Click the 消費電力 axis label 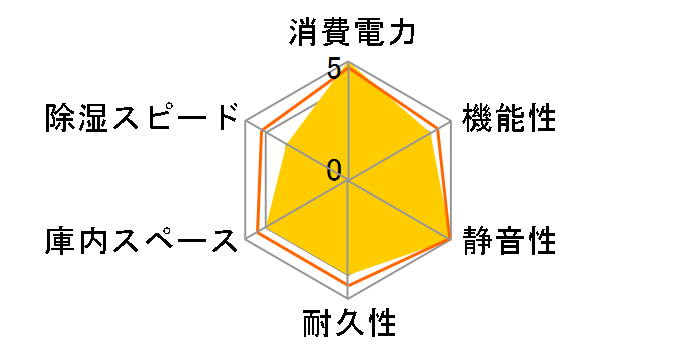tap(349, 33)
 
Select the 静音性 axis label tap(508, 241)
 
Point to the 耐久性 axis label tap(349, 325)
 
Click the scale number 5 tap(334, 70)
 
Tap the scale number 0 tap(334, 169)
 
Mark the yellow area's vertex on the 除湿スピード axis tap(288, 145)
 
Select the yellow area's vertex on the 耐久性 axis tap(349, 272)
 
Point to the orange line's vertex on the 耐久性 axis tap(349, 285)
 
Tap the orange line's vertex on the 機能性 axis tap(437, 129)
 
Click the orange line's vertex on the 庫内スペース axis tap(258, 233)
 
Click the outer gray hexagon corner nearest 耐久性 tap(349, 299)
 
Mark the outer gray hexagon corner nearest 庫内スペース tap(246, 240)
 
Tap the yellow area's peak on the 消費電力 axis tap(349, 66)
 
